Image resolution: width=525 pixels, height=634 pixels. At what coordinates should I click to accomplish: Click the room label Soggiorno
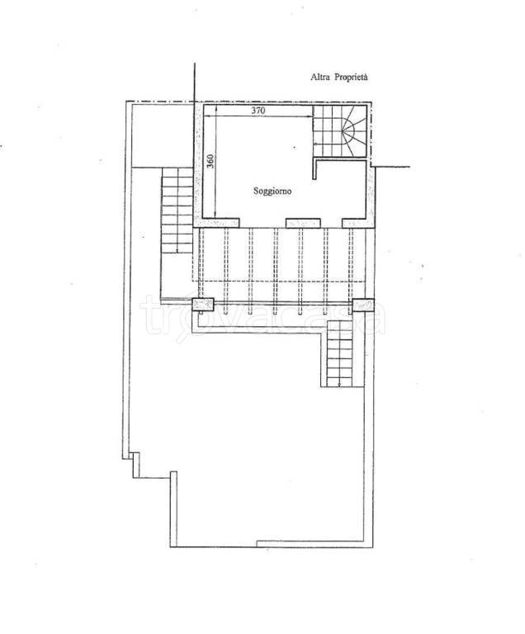click(x=272, y=191)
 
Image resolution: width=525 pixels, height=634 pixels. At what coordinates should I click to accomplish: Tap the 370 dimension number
click(x=258, y=110)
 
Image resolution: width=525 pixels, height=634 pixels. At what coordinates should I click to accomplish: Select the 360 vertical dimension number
click(x=210, y=161)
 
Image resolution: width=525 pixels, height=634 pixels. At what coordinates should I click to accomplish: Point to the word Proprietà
click(x=351, y=78)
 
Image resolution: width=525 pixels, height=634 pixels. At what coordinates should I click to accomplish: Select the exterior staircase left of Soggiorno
click(x=177, y=211)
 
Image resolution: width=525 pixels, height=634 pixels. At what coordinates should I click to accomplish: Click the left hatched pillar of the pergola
click(x=202, y=305)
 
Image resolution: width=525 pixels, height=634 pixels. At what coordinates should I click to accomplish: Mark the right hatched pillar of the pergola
click(x=363, y=305)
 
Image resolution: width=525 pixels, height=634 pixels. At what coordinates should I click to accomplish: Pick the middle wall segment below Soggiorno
click(x=303, y=223)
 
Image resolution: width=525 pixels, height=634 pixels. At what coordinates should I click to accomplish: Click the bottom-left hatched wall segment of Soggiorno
click(x=216, y=223)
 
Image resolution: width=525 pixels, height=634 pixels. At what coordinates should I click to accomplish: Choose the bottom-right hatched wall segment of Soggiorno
click(x=358, y=223)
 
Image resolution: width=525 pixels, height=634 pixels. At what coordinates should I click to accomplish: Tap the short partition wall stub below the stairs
click(x=315, y=170)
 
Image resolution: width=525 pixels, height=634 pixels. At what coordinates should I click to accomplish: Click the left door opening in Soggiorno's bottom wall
click(x=262, y=223)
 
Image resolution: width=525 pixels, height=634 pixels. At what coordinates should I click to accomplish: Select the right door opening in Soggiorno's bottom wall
click(x=331, y=223)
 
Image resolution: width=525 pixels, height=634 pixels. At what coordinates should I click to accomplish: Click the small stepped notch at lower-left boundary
click(x=134, y=465)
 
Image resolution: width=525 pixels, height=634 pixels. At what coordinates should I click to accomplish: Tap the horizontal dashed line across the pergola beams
click(x=278, y=281)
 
